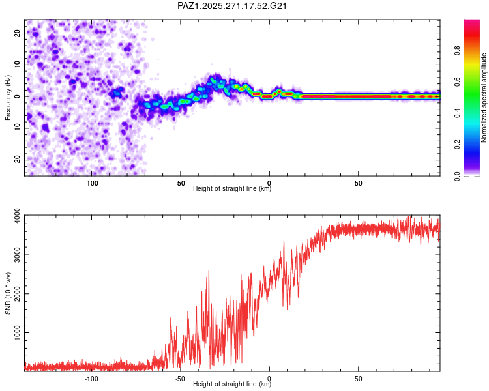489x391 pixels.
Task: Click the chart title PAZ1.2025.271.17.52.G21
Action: [233, 6]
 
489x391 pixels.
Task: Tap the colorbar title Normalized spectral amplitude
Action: [484, 98]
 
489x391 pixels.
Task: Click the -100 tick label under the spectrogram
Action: [91, 183]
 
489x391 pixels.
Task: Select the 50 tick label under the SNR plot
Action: [359, 379]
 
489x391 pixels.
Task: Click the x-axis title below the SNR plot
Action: [232, 384]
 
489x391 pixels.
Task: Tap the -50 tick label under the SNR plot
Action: [180, 379]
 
